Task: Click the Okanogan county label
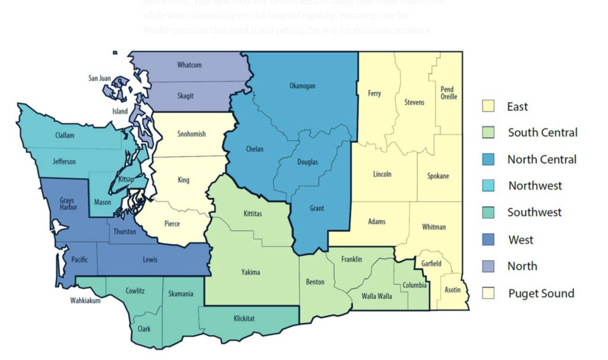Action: tap(302, 86)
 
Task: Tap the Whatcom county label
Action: tap(189, 65)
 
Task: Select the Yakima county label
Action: tap(251, 273)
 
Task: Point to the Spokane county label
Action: tap(438, 176)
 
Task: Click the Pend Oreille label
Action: tap(448, 93)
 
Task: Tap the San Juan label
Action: tap(100, 78)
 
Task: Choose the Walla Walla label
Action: tap(377, 296)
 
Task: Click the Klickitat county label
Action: tap(243, 319)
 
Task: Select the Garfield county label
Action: tap(432, 263)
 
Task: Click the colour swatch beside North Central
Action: tap(488, 159)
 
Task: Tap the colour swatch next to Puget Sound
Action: tap(488, 293)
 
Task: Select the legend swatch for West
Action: tap(488, 239)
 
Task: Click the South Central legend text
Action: tap(543, 132)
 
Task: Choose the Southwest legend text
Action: tap(534, 212)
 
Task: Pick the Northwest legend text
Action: tap(535, 186)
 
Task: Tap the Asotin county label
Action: tap(452, 290)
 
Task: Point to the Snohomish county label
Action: tap(192, 134)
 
